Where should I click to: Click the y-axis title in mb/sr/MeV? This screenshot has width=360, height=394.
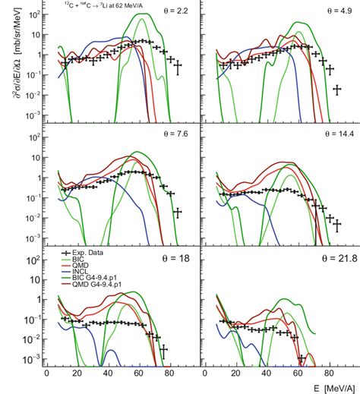[9, 61]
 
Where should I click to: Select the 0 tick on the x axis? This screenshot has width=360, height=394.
[47, 374]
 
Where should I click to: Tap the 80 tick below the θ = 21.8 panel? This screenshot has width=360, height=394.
[317, 374]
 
